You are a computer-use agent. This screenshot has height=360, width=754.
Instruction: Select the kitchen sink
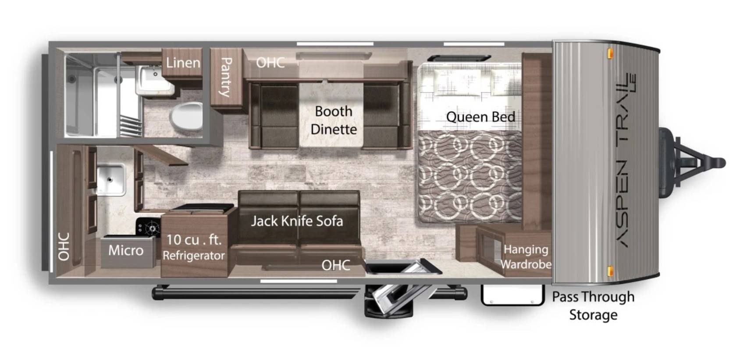[x=110, y=179]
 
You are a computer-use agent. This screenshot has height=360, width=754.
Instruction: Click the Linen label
[x=183, y=63]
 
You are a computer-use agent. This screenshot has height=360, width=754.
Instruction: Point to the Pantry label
[x=226, y=77]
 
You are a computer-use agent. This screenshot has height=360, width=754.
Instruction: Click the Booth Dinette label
[x=334, y=120]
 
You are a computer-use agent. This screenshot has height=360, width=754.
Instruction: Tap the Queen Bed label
[x=480, y=117]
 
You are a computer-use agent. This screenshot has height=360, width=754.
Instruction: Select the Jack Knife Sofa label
[x=297, y=221]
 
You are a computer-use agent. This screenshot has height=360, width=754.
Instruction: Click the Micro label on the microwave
[x=126, y=250]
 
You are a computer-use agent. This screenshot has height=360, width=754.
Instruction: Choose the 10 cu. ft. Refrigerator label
[x=194, y=247]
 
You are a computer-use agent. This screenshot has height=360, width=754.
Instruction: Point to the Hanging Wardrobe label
[x=526, y=257]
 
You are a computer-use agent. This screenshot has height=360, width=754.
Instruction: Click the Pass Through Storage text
[x=593, y=306]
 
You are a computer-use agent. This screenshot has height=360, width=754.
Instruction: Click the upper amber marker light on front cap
[x=610, y=53]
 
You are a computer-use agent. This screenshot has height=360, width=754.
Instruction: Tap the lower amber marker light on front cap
[x=610, y=271]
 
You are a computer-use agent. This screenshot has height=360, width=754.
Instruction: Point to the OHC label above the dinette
[x=270, y=63]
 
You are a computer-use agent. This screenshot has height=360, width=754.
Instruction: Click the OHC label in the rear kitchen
[x=64, y=246]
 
